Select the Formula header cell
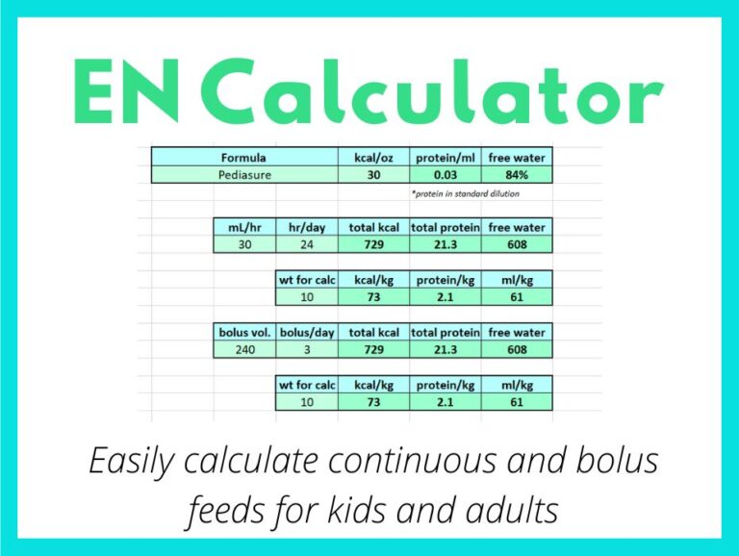point(243,157)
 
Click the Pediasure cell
point(243,175)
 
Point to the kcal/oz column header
point(373,157)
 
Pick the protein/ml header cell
point(445,157)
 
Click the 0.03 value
point(445,175)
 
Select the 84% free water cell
point(517,175)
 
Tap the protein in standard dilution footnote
point(466,193)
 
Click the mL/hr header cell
point(244,228)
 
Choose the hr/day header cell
point(306,228)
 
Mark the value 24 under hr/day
point(306,245)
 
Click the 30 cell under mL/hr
point(244,245)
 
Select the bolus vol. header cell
point(244,332)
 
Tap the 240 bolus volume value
point(244,350)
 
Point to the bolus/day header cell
point(306,332)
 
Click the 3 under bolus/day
point(306,350)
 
